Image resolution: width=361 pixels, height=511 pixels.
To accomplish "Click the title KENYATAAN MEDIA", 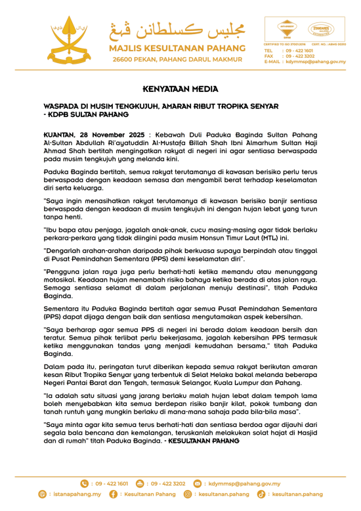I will pos(180,89).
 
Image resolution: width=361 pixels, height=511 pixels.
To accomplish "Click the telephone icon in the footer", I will pos(84,483).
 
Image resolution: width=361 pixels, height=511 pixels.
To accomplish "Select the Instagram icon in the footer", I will pos(188,493).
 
